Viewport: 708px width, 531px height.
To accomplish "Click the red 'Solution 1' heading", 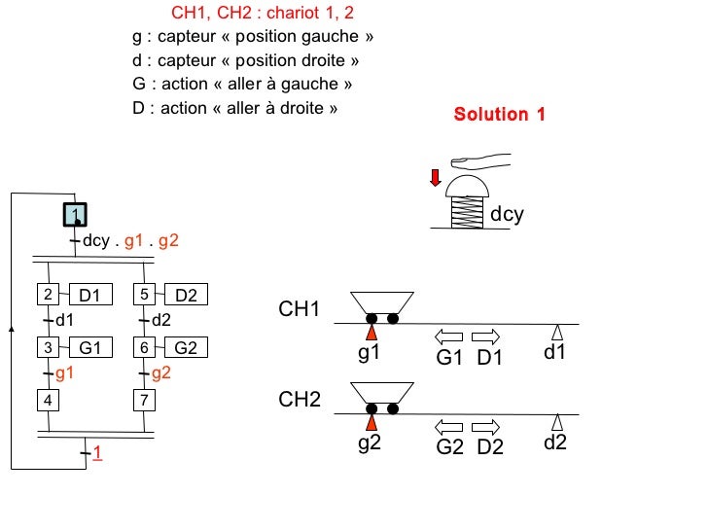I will pos(499,115).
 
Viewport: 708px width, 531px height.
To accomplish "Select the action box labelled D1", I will pos(95,295).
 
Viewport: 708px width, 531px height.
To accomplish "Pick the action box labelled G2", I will pos(185,347).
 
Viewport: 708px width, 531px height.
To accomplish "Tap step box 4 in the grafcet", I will pos(47,399).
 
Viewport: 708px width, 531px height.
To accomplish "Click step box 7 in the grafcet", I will pos(144,399).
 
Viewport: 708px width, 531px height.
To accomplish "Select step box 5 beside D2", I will pos(144,295).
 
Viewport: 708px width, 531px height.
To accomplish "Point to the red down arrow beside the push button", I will pos(436,177).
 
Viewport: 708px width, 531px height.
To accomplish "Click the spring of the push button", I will pos(470,212).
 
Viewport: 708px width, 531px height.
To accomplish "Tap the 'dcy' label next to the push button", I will pos(507,214).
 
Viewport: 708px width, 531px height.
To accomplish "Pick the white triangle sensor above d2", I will pos(557,422).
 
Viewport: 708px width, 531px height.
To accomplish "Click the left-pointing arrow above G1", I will pos(448,336).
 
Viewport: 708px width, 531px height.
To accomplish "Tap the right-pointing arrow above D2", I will pos(485,427).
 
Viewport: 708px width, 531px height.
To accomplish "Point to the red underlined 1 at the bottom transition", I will pos(97,454).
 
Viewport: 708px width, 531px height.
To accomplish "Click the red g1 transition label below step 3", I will pos(64,372).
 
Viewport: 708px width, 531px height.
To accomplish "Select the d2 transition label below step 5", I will pos(161,320).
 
